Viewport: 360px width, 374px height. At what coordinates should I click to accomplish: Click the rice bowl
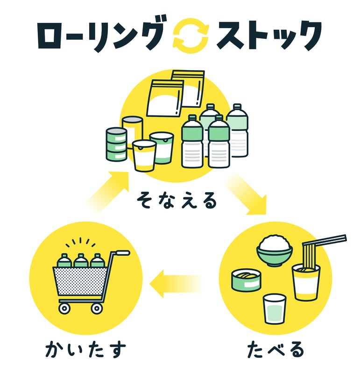coord(275,251)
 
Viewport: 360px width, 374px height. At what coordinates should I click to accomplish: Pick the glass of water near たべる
coord(274,308)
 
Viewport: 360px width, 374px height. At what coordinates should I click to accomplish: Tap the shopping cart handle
coord(122,253)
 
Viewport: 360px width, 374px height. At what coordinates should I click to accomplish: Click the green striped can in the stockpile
coord(116,145)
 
